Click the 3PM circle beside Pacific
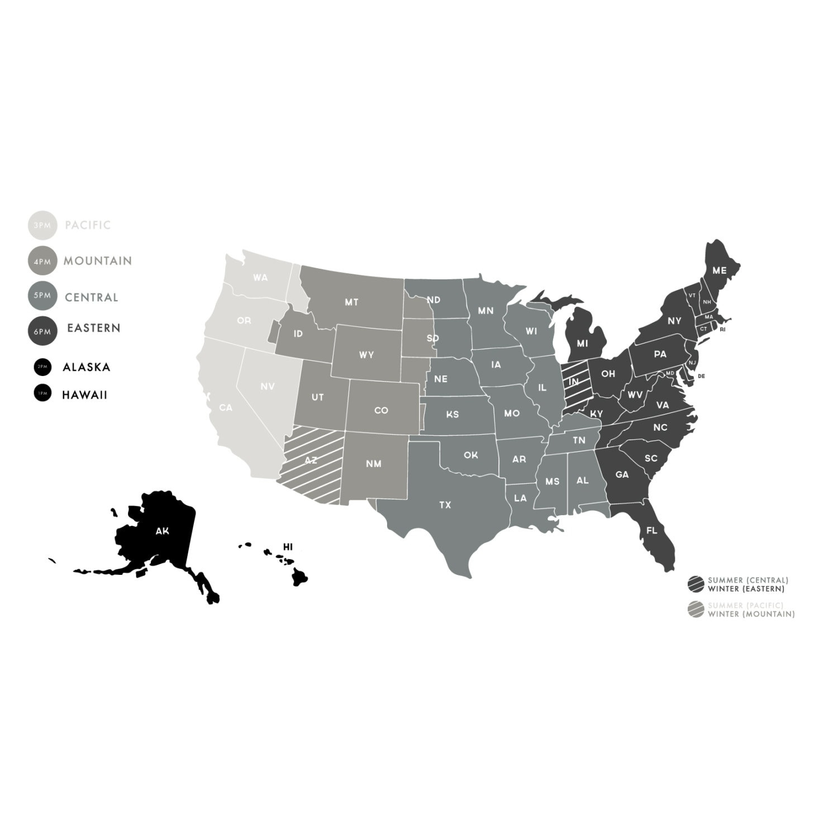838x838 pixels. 42,226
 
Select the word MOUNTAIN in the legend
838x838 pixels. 98,261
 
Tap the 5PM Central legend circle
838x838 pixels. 42,296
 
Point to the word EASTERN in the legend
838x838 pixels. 94,328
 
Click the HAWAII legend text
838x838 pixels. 84,395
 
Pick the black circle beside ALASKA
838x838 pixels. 42,367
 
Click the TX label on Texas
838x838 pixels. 445,505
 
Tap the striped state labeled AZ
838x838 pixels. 311,461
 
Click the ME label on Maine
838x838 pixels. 720,270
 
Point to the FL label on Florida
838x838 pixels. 651,530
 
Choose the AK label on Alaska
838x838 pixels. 162,531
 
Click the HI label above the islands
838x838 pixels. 288,546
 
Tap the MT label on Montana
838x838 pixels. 351,302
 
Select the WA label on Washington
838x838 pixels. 260,278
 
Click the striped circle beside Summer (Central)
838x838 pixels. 696,584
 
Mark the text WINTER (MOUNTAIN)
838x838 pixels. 751,614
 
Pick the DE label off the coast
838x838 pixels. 702,376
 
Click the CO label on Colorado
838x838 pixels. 381,411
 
